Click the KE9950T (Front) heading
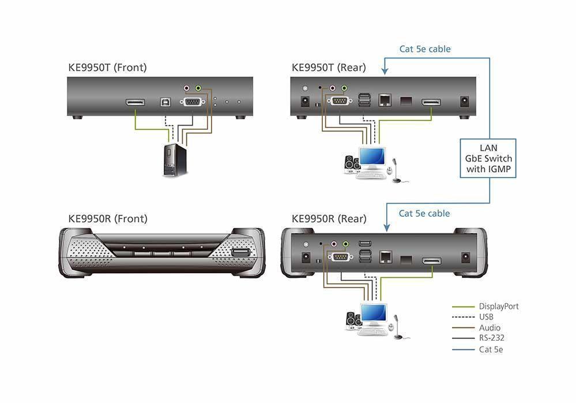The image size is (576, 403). click(x=107, y=67)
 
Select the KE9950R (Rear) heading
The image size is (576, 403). click(x=329, y=219)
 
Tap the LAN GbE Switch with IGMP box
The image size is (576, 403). click(x=488, y=158)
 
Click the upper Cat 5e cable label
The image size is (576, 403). click(x=425, y=49)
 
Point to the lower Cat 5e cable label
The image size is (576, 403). click(x=424, y=213)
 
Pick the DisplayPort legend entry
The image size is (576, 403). click(x=498, y=306)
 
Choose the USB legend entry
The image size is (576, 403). click(x=486, y=317)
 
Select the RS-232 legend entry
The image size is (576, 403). click(x=490, y=338)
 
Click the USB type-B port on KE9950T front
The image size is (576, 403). click(x=164, y=102)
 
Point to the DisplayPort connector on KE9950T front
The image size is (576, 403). click(x=135, y=103)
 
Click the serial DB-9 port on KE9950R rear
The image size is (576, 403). click(x=340, y=258)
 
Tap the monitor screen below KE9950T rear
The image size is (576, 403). click(x=371, y=157)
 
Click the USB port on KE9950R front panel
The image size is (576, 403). click(x=240, y=254)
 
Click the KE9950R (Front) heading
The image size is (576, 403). click(x=108, y=219)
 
